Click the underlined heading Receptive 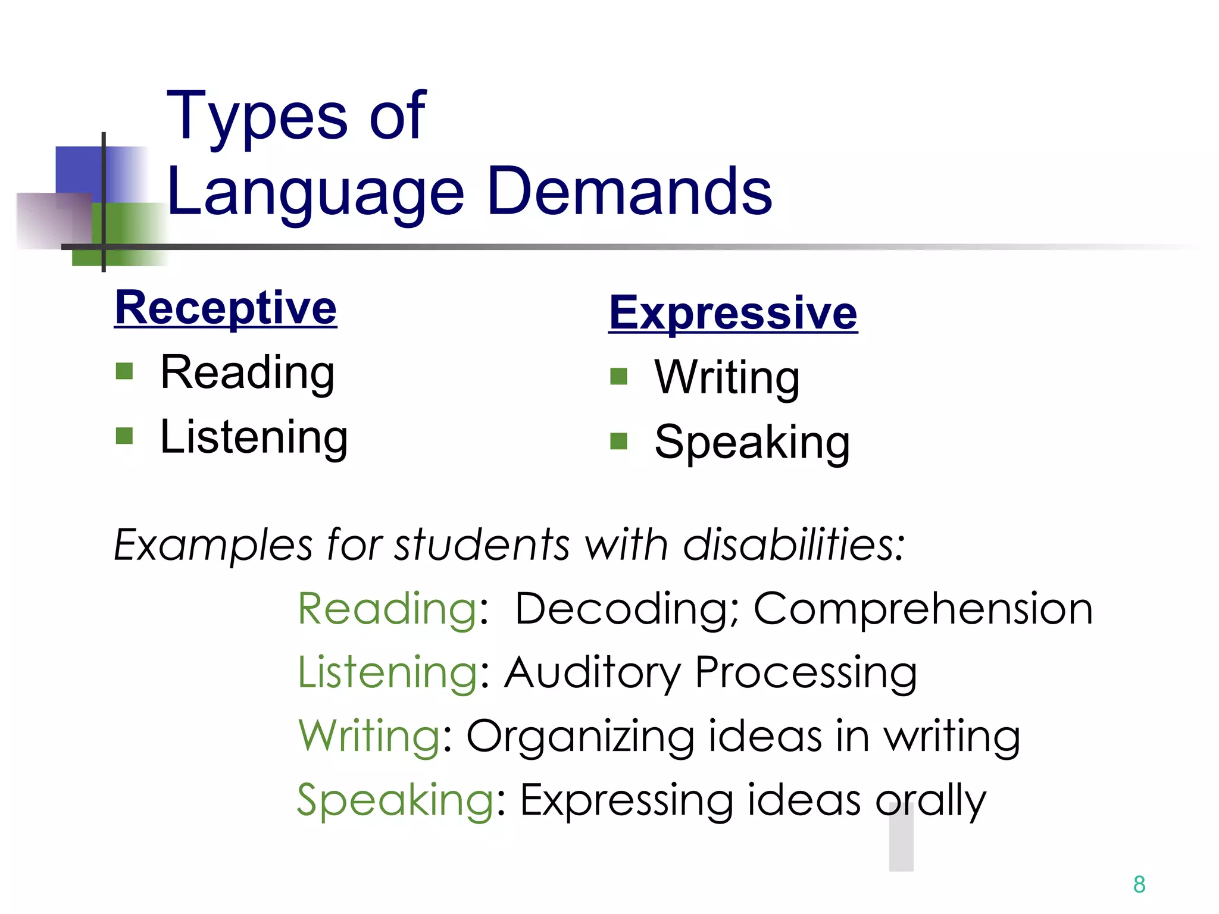tap(226, 308)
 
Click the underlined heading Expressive tap(733, 313)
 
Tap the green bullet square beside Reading tap(124, 371)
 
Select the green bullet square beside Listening tap(124, 436)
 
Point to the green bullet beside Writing tap(619, 376)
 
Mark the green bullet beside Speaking tap(619, 441)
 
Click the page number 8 tap(1139, 884)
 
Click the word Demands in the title tap(629, 192)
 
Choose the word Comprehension tap(923, 609)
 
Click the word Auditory tap(593, 673)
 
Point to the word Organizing tap(580, 737)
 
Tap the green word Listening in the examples tap(387, 673)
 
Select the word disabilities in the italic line tap(793, 544)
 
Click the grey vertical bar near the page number tap(901, 839)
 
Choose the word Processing tap(806, 673)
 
